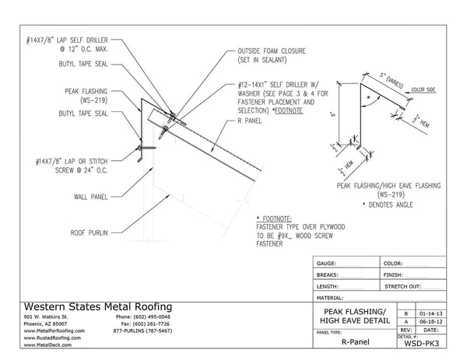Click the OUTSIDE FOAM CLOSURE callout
click(x=271, y=56)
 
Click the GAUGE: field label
click(x=326, y=264)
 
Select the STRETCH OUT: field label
click(x=404, y=285)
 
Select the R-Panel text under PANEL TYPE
click(x=354, y=342)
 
